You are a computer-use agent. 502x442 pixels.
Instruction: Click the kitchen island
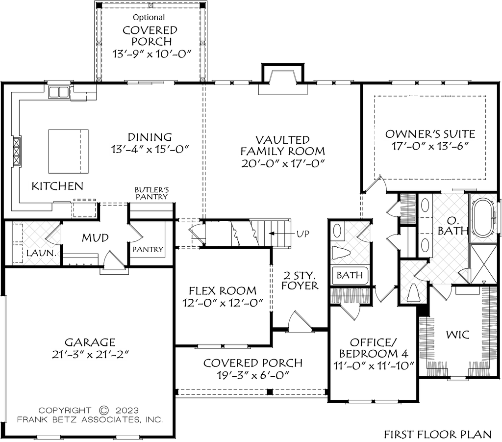point(68,152)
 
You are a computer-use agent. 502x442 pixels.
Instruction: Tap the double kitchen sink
point(59,92)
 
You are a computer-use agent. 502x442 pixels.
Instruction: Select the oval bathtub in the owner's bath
point(483,218)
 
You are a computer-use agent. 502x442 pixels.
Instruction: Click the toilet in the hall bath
point(338,252)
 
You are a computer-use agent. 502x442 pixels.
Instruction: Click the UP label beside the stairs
point(303,234)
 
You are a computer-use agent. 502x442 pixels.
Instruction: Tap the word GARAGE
point(90,342)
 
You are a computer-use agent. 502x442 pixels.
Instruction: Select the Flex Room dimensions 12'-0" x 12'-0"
point(223,303)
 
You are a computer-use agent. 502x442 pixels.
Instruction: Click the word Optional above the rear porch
point(149,17)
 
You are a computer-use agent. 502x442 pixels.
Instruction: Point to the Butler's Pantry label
point(151,193)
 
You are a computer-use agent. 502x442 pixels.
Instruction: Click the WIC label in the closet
point(458,335)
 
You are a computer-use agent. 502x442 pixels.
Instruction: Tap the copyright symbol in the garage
point(104,410)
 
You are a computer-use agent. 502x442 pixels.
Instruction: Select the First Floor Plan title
point(438,434)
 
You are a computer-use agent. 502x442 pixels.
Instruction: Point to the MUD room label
point(95,237)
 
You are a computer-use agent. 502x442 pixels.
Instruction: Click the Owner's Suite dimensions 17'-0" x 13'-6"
point(430,146)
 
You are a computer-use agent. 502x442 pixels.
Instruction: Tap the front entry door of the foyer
point(300,321)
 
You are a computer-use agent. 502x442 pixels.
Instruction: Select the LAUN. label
point(41,253)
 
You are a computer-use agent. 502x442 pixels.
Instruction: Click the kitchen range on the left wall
point(16,152)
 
